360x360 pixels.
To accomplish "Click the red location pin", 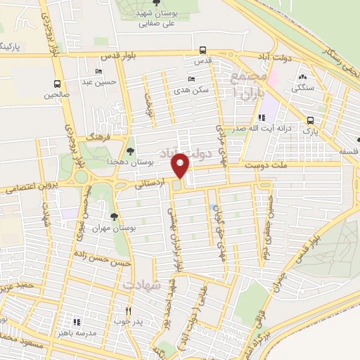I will tap(181, 167).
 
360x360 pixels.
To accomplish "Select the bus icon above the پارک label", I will tap(311, 120).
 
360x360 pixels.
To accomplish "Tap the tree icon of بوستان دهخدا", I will tap(130, 150).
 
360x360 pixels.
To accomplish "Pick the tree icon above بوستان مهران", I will tap(114, 217).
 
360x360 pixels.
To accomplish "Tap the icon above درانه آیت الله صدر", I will tap(261, 117).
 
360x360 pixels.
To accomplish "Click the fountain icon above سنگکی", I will tap(302, 77).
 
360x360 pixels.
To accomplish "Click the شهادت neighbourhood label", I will tap(142, 285).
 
